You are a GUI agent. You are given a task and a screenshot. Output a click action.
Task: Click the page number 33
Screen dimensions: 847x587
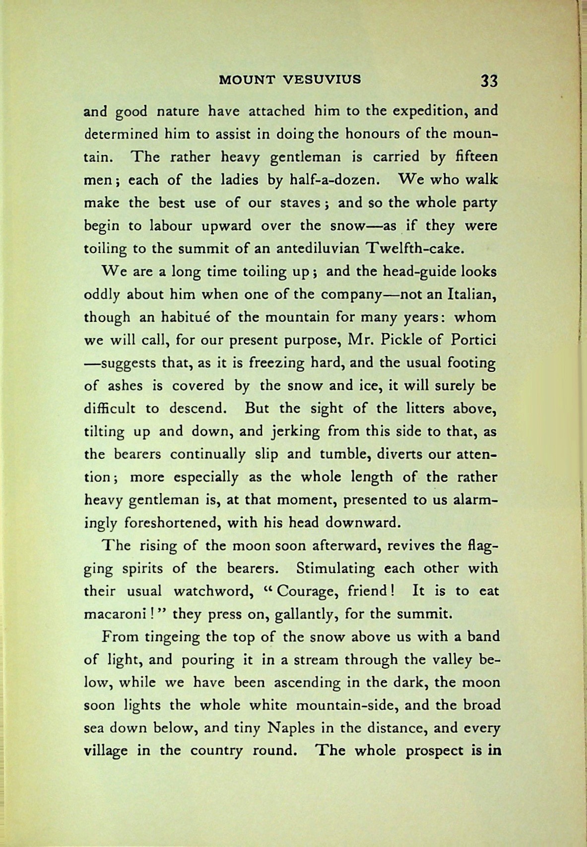click(x=488, y=80)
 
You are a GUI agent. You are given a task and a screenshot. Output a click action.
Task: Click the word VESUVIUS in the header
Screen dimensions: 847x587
click(x=326, y=79)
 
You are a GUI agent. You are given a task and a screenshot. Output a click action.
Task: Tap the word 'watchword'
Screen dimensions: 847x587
click(x=216, y=591)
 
